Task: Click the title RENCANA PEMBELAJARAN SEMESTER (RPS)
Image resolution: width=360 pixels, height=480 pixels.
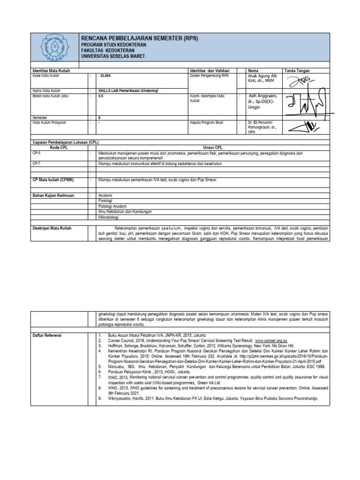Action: (140, 38)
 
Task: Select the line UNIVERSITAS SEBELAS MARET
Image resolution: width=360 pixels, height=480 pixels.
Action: (113, 56)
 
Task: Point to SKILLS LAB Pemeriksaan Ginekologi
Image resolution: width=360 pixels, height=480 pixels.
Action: (127, 90)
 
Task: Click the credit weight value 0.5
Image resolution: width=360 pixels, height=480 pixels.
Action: (101, 96)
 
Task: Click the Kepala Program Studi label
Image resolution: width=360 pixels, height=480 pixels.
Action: (207, 122)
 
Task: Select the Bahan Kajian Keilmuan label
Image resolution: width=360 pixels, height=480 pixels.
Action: (53, 195)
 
